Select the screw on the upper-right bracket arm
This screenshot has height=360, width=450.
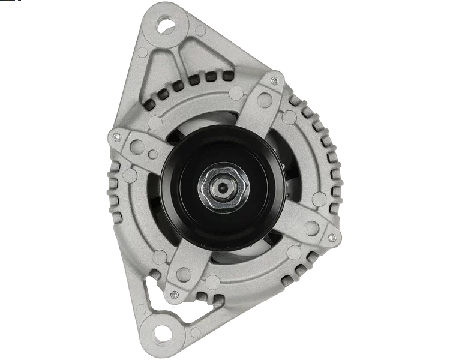pyautogui.click(x=274, y=80)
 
